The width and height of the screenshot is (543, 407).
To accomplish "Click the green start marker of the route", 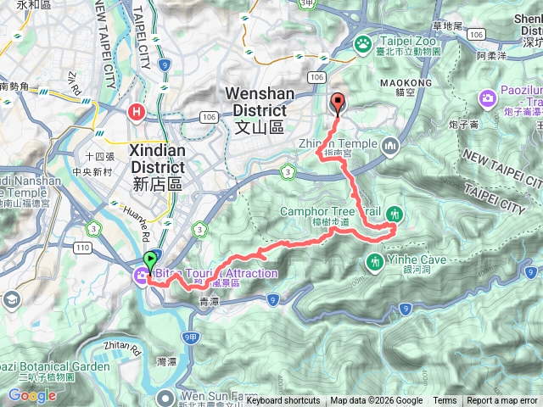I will click(x=151, y=260).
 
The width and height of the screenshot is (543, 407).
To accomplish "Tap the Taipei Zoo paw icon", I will click(x=363, y=42).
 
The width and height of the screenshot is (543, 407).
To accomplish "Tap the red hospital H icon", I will click(x=136, y=111).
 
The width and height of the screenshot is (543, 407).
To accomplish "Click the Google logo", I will click(x=32, y=395).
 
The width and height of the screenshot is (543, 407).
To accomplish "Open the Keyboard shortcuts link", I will click(x=283, y=401).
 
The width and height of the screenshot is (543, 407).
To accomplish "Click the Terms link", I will click(x=445, y=401).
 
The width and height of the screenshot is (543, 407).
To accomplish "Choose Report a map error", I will click(x=503, y=401).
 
